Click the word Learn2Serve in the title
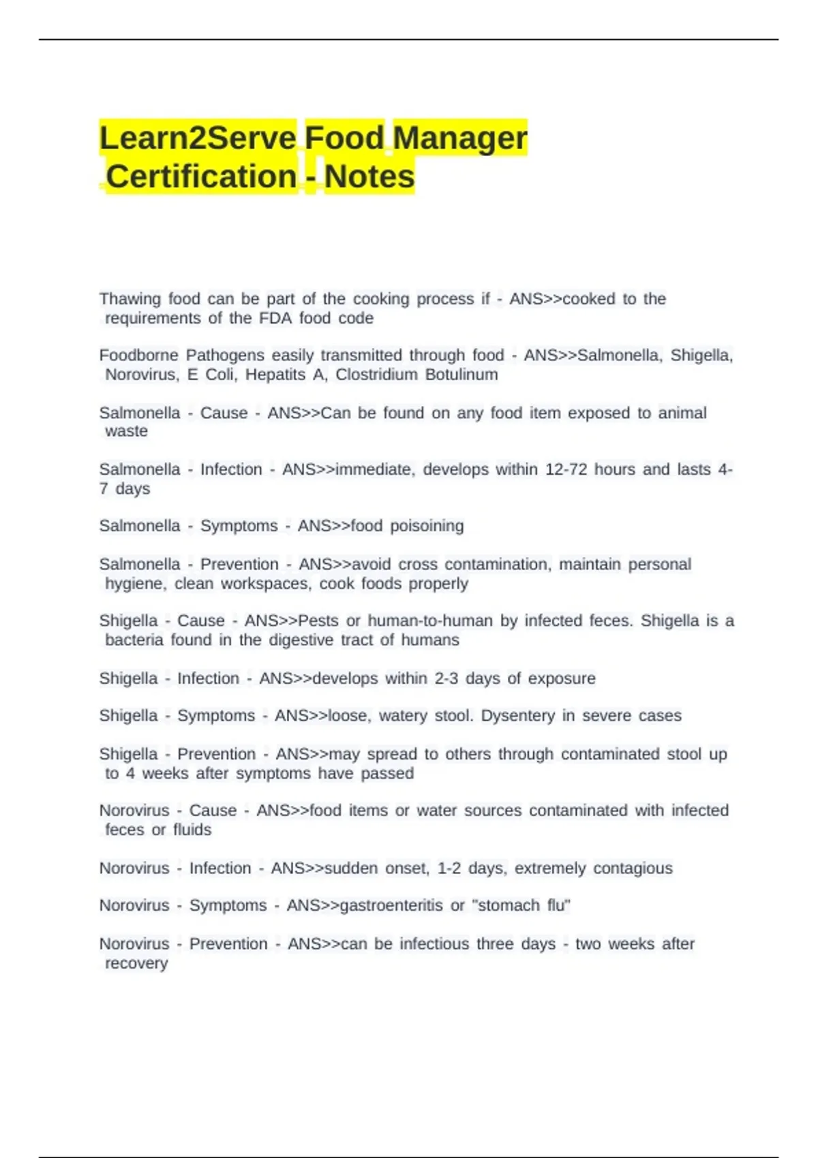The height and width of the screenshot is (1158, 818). (x=198, y=138)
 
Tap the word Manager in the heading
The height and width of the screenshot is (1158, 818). (x=460, y=138)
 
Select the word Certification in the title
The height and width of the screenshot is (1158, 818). (x=202, y=177)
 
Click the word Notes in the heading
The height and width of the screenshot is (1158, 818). (x=369, y=177)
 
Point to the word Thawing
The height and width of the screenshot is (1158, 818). (x=130, y=299)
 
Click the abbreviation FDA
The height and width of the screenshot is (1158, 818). (x=275, y=318)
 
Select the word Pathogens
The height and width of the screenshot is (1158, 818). (x=225, y=356)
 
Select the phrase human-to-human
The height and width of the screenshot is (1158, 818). (x=430, y=621)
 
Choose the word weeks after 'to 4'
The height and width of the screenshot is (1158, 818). (x=165, y=774)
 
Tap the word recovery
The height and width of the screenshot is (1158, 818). (x=136, y=963)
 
